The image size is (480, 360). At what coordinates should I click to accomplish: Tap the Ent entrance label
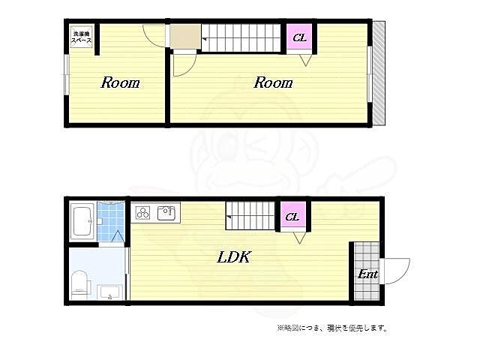tap(367, 274)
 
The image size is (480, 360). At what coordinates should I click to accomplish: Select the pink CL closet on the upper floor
tap(299, 37)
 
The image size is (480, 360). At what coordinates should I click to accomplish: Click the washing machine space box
tap(82, 38)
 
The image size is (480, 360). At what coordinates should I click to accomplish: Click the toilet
tap(79, 283)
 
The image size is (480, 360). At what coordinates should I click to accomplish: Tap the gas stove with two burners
tap(142, 212)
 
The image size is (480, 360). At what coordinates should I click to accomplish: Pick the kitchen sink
tap(166, 212)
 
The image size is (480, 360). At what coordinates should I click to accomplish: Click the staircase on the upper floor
tap(240, 37)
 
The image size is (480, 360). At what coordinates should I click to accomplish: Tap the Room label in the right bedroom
tap(272, 82)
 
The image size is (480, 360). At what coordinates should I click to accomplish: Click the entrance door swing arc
tap(396, 270)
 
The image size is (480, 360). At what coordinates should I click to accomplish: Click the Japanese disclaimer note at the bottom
tap(331, 328)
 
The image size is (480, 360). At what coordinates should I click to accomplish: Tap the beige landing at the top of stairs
tap(185, 36)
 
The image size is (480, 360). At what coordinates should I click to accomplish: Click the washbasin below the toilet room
tap(109, 291)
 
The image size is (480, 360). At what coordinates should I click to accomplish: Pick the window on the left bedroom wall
tap(66, 75)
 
